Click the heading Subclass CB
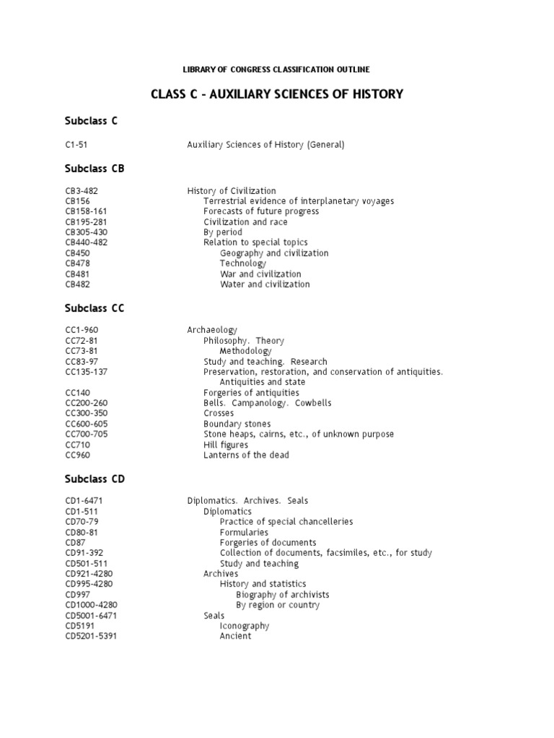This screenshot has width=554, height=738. (x=94, y=169)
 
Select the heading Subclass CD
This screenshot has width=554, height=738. (x=94, y=479)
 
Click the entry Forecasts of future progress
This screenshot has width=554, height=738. (x=261, y=212)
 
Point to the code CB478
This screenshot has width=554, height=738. (x=77, y=264)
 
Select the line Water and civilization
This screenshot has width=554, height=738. (x=265, y=285)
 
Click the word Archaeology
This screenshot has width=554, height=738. (x=212, y=330)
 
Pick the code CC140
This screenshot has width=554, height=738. (x=76, y=393)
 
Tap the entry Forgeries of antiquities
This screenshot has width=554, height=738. (x=251, y=393)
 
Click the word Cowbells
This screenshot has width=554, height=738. (x=312, y=404)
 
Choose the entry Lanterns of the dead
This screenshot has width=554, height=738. (x=247, y=455)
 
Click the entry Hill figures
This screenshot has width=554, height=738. (x=227, y=445)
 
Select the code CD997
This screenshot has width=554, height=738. (x=76, y=595)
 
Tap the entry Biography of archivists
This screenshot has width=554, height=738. (x=283, y=595)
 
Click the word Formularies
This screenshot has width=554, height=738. (x=244, y=532)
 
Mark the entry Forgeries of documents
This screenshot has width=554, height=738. (x=268, y=543)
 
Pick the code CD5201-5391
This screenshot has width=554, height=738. (x=89, y=636)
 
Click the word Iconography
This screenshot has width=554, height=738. (x=245, y=626)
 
